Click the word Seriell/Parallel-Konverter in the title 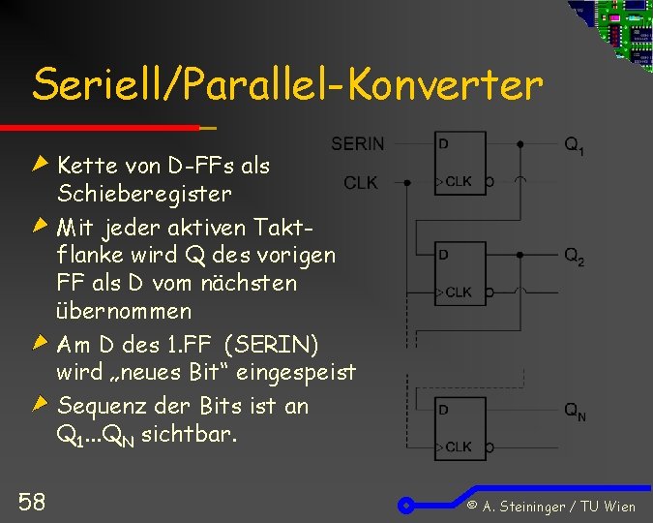(287, 85)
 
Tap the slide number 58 (31, 501)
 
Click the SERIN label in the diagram (357, 144)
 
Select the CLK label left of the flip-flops (361, 182)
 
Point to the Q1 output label (574, 146)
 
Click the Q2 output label (574, 258)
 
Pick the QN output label (575, 412)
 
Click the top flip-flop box (460, 162)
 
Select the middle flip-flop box (460, 272)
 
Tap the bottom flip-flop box (460, 427)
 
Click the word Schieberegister (144, 194)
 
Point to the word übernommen (124, 312)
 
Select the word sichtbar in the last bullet (187, 434)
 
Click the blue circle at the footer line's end (407, 505)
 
